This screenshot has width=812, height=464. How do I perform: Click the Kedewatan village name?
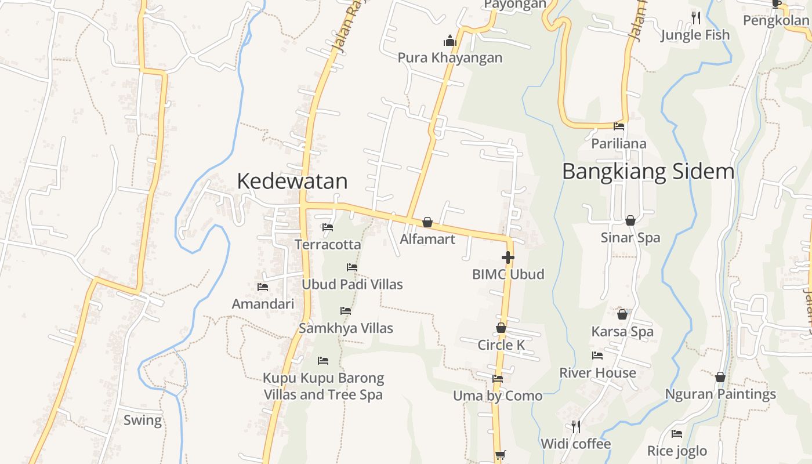point(292,181)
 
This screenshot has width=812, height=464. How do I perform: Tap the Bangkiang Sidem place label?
point(648,171)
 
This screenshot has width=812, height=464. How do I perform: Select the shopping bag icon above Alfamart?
point(427,222)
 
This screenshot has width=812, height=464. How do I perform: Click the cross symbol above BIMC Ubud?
point(508,258)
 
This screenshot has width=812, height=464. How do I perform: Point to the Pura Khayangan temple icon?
point(450,41)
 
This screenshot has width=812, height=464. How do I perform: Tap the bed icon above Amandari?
point(263,287)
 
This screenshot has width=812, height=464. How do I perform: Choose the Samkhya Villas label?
point(346,328)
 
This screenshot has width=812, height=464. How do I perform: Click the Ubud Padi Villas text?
point(352,284)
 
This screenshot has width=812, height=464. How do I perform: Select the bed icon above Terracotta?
point(328,227)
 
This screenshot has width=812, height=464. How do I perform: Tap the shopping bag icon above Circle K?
point(501,328)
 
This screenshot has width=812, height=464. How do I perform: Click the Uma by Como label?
point(498,396)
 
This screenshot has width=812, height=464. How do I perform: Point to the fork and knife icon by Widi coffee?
point(576,426)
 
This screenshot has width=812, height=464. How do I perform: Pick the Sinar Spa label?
point(630,237)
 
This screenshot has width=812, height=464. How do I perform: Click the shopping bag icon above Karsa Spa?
point(622,314)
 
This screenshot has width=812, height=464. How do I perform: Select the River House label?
point(597,372)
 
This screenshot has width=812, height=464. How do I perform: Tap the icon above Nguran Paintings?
point(720,377)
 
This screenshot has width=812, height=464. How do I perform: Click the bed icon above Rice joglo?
point(677,434)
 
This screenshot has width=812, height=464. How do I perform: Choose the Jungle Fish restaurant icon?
point(696,18)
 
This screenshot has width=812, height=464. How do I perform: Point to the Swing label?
point(143,420)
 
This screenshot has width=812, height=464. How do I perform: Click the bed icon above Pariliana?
point(619,126)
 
